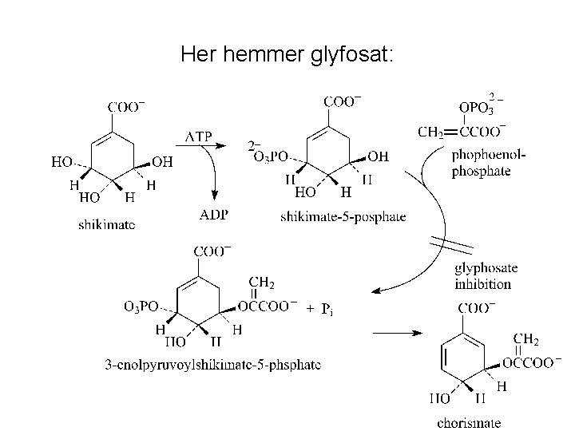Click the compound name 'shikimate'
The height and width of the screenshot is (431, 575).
pyautogui.click(x=107, y=224)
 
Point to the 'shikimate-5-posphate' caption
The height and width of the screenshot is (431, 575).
pyautogui.click(x=343, y=216)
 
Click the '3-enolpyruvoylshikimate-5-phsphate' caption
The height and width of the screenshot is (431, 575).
pyautogui.click(x=213, y=365)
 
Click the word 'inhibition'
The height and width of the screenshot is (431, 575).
pyautogui.click(x=482, y=283)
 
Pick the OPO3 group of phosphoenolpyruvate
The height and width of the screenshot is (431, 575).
pyautogui.click(x=479, y=109)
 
